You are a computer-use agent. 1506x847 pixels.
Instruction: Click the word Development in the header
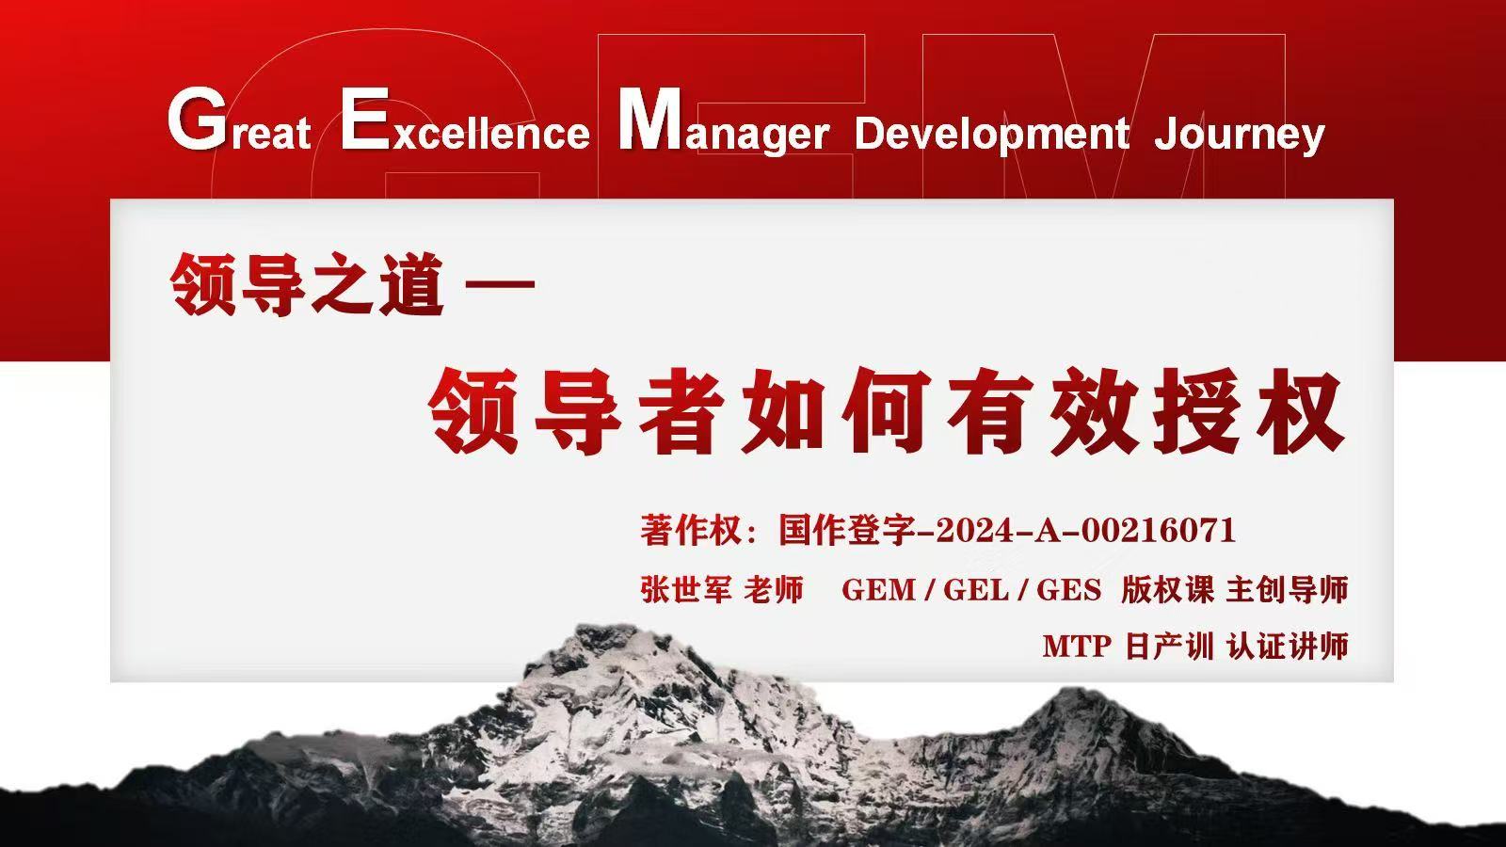[x=991, y=134]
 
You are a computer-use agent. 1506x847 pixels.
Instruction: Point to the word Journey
[x=1239, y=136]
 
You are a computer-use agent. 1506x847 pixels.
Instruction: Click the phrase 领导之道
[x=307, y=283]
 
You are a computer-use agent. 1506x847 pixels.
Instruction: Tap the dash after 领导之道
[x=500, y=283]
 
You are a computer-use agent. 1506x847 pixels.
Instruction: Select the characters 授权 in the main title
[x=1249, y=410]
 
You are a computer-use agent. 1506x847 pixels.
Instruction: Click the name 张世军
[x=686, y=589]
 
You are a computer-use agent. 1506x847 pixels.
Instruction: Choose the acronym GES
[x=1069, y=590]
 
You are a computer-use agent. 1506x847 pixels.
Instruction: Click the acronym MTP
[x=1077, y=647]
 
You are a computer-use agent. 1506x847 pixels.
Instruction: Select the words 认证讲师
[x=1288, y=647]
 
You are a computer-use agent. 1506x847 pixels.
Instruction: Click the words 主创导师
[x=1288, y=589]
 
